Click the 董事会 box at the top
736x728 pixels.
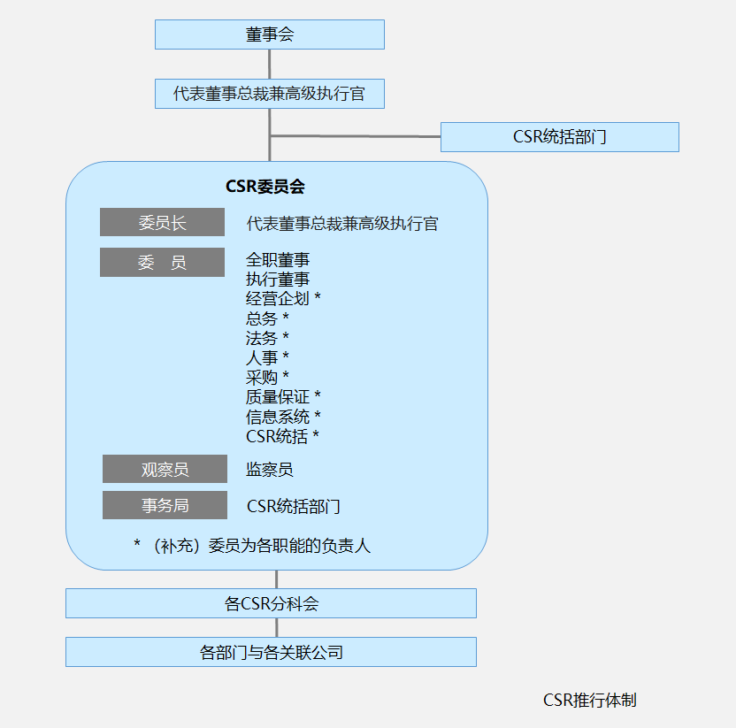(270, 34)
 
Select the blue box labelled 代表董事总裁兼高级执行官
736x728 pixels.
(270, 94)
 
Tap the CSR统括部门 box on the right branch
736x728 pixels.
(559, 137)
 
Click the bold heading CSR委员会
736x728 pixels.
(265, 187)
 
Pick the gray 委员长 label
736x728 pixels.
(162, 223)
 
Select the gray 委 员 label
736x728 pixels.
(162, 263)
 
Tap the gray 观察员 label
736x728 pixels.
(165, 469)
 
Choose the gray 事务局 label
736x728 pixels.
(165, 506)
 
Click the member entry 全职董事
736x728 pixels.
(278, 260)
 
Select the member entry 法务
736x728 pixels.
(262, 338)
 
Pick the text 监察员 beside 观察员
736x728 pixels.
(270, 470)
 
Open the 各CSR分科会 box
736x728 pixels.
(271, 604)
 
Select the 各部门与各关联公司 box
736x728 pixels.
(271, 653)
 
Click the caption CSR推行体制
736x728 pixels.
(589, 701)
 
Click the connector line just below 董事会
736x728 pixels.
(270, 64)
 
